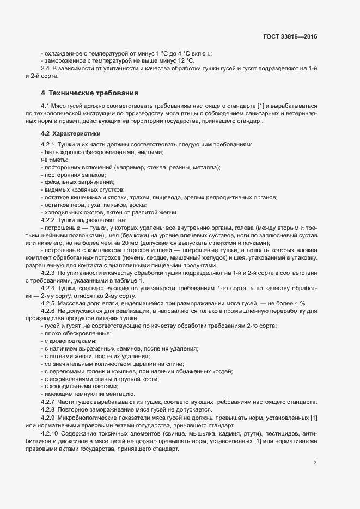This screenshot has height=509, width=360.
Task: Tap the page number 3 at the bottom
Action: (x=315, y=463)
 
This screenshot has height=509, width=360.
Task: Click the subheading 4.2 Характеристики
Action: (x=70, y=133)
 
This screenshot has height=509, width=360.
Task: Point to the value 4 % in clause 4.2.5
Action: (x=300, y=303)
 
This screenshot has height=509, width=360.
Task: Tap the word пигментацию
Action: (x=114, y=394)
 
